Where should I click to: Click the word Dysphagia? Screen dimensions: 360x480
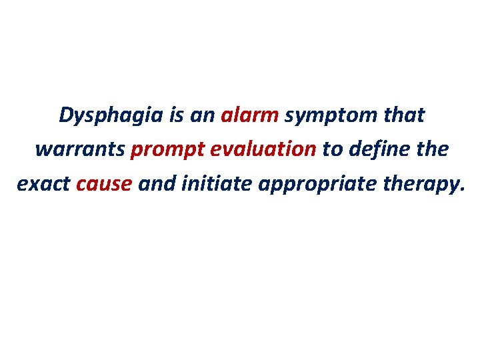coord(111,116)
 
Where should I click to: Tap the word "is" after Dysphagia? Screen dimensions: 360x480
coord(176,115)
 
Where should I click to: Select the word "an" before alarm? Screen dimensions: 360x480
coord(201,116)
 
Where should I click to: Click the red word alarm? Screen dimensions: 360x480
coord(249,115)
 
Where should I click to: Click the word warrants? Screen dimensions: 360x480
coord(79,150)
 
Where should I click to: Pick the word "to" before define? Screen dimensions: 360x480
coord(331,149)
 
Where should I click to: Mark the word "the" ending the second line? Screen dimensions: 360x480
coord(433,149)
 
